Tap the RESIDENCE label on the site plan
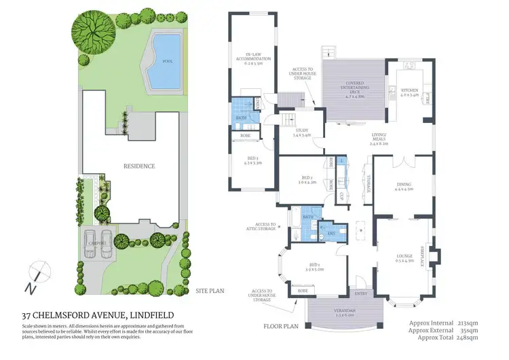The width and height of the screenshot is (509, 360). point(138,166)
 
